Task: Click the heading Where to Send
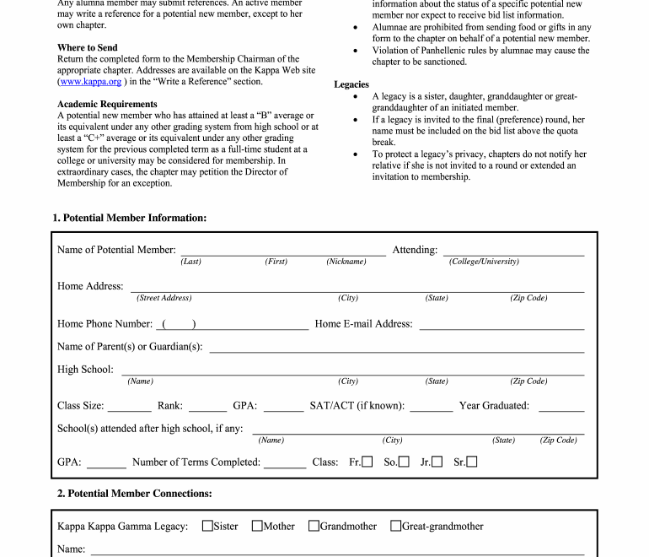88,47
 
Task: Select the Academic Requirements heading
107,104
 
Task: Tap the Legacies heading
351,84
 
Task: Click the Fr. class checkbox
367,462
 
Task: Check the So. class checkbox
404,462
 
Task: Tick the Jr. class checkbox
437,462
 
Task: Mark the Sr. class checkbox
472,462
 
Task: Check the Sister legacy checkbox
207,526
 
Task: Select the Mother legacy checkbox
257,526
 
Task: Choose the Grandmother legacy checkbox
314,526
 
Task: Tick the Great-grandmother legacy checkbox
395,526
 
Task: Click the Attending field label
415,250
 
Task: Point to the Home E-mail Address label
363,323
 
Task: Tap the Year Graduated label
494,406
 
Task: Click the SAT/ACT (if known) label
357,406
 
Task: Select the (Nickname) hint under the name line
346,262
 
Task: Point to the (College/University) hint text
484,262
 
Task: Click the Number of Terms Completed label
196,462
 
